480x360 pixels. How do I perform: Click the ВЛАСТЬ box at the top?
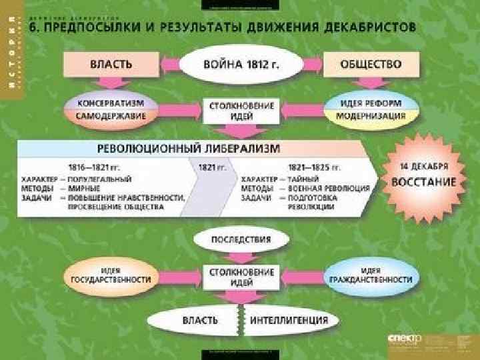[x=111, y=65]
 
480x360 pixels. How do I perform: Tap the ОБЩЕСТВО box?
[x=371, y=65]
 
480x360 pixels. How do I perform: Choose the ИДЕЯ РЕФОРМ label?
[x=370, y=103]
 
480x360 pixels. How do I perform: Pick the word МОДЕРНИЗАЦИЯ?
[x=370, y=115]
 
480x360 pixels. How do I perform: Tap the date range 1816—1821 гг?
[x=95, y=167]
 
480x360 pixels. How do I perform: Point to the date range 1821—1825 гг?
[x=314, y=167]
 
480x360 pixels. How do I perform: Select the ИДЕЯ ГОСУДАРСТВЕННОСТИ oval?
[x=110, y=275]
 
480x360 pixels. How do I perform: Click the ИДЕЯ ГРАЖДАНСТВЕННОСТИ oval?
[x=370, y=275]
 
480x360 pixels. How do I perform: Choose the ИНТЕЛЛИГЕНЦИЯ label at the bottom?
[x=289, y=320]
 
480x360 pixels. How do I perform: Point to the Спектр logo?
[x=405, y=339]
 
